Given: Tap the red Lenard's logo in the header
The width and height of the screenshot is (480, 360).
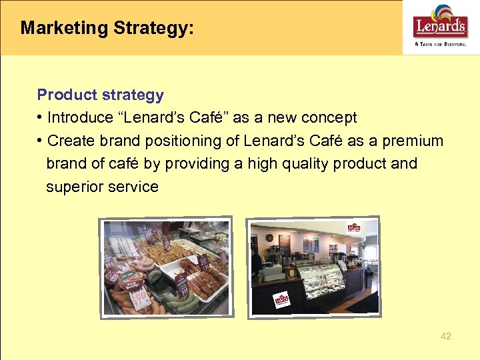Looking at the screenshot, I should (440, 25).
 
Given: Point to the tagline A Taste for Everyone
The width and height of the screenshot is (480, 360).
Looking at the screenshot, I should (441, 43).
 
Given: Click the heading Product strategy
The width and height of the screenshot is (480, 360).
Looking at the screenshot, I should (100, 95).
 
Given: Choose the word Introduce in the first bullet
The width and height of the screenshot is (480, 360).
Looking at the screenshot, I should (81, 118).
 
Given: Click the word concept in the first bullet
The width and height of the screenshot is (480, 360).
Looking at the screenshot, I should (329, 118).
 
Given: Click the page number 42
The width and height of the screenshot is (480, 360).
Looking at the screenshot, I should (445, 336).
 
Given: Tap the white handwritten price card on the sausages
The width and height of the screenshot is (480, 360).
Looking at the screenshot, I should (139, 298).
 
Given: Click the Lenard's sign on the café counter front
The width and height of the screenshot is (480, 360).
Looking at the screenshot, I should (282, 301).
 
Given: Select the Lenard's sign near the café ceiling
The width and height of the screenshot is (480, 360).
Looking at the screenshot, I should (353, 229).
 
